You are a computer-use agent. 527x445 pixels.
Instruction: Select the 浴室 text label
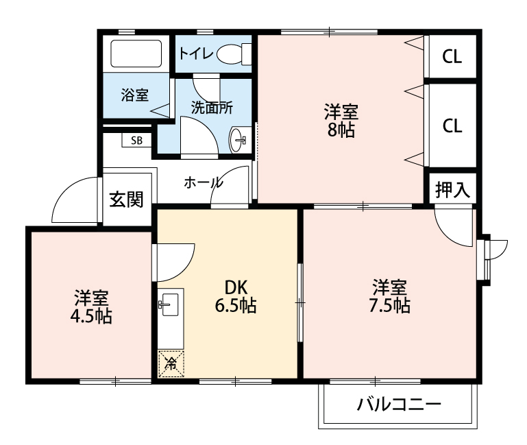pyautogui.click(x=134, y=95)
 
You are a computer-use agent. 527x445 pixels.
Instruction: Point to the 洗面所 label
pyautogui.click(x=211, y=108)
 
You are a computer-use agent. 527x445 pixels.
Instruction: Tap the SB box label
pyautogui.click(x=137, y=141)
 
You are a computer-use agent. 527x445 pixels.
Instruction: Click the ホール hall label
pyautogui.click(x=203, y=182)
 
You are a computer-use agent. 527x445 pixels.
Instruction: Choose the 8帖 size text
pyautogui.click(x=341, y=130)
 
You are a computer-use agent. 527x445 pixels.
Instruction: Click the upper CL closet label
pyautogui.click(x=451, y=57)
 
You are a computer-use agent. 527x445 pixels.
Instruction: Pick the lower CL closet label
pyautogui.click(x=451, y=125)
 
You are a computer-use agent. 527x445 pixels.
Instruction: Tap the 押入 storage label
pyautogui.click(x=452, y=191)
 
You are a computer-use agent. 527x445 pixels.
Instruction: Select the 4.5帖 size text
pyautogui.click(x=92, y=317)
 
